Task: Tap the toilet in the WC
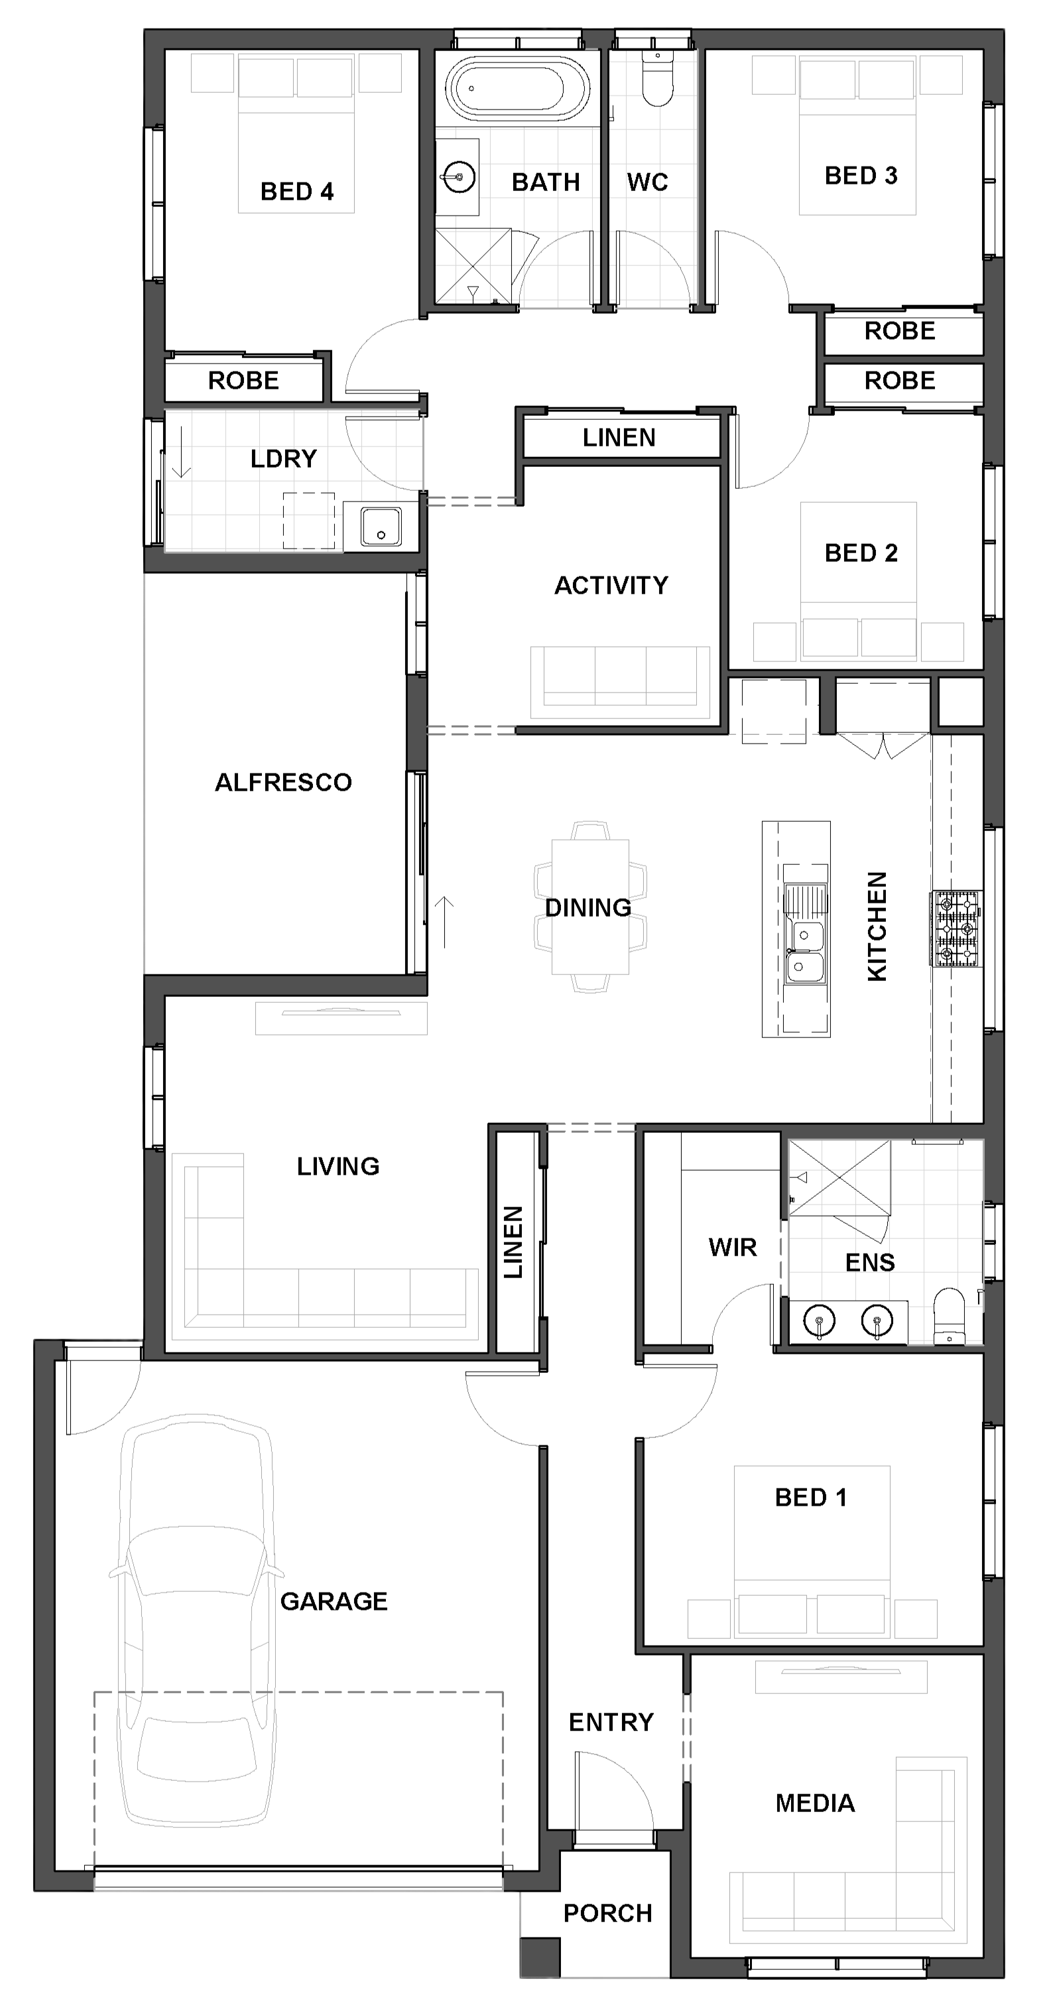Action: coord(658,78)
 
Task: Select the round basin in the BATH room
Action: coord(459,177)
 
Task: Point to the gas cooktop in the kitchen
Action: coord(956,929)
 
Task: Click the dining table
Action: coord(590,907)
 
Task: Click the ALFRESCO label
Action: coord(283,782)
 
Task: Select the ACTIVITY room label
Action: coord(611,585)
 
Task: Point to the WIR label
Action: coord(733,1247)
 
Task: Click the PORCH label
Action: coord(607,1914)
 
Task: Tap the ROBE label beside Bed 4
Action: coord(243,381)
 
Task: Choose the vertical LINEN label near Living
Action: coord(513,1242)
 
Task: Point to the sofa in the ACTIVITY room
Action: coord(620,681)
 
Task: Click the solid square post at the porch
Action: coord(540,1957)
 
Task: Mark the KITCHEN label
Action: coord(877,926)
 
